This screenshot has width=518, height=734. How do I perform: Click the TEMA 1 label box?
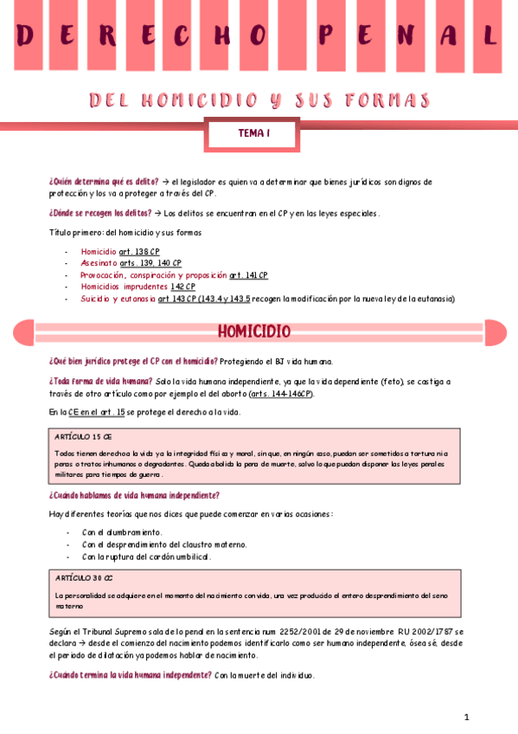point(253,134)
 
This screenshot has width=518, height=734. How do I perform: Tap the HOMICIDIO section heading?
point(253,332)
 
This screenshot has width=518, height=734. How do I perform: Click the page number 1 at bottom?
point(466,717)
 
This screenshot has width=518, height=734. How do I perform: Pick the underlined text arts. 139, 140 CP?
point(150,263)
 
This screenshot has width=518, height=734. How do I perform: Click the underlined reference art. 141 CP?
point(248,275)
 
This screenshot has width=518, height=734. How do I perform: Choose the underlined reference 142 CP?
point(182,287)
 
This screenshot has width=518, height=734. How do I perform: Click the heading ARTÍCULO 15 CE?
point(77,437)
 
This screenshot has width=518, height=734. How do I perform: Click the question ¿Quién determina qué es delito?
point(104,182)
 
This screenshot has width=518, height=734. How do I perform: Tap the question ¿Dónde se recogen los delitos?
point(100,213)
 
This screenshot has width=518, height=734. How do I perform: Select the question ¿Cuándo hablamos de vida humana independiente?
point(134,496)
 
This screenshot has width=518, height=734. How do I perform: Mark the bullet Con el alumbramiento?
point(122,532)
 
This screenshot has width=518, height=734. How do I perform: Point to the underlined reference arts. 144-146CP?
point(281,394)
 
